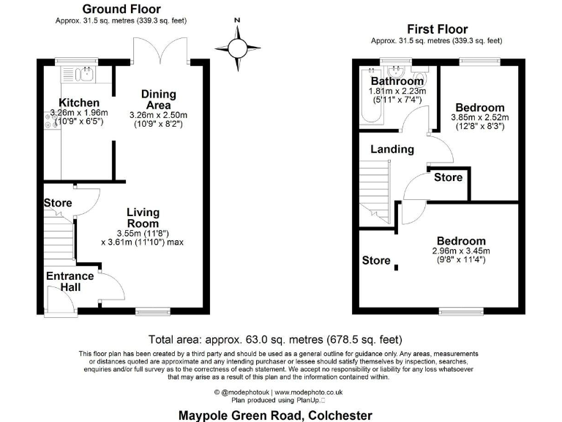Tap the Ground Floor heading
click(112, 9)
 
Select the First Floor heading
click(437, 29)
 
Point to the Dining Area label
click(158, 100)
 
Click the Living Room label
click(143, 218)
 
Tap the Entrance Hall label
click(70, 281)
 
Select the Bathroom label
click(397, 81)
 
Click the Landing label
click(392, 149)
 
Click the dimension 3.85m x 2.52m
click(479, 117)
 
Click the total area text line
click(274, 339)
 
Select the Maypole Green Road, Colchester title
click(275, 415)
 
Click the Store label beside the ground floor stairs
click(58, 202)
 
